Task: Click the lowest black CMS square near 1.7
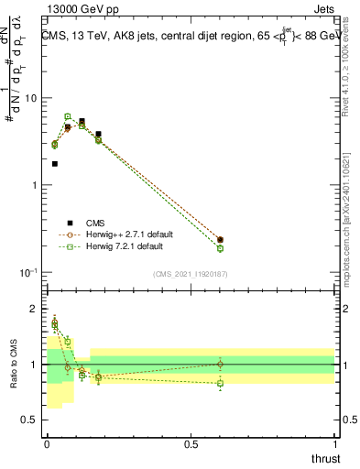(54, 164)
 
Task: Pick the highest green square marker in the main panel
(68, 116)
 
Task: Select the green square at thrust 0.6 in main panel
(220, 248)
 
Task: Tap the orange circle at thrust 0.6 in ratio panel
(220, 364)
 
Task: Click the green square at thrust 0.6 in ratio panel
(220, 384)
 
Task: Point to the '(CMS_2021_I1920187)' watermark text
(190, 274)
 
